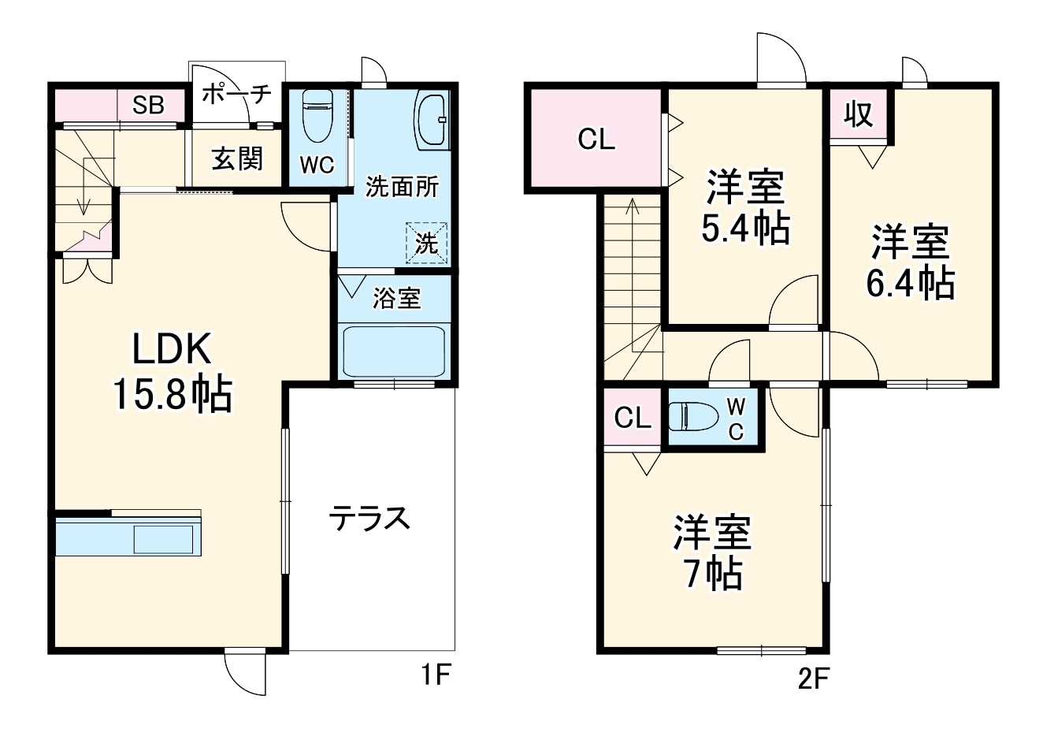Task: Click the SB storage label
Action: click(x=147, y=105)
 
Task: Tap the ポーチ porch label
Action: click(x=236, y=95)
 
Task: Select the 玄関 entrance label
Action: click(x=236, y=159)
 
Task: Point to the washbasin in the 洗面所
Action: click(x=431, y=120)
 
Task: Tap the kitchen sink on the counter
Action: click(x=163, y=540)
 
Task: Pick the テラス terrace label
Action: click(x=369, y=519)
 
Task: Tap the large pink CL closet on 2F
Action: click(x=596, y=139)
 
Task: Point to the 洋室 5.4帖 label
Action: click(x=744, y=207)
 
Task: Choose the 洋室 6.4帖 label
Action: click(x=910, y=262)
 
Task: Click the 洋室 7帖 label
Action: click(x=711, y=552)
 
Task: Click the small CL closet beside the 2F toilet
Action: click(x=633, y=418)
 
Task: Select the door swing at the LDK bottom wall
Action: click(x=244, y=672)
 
